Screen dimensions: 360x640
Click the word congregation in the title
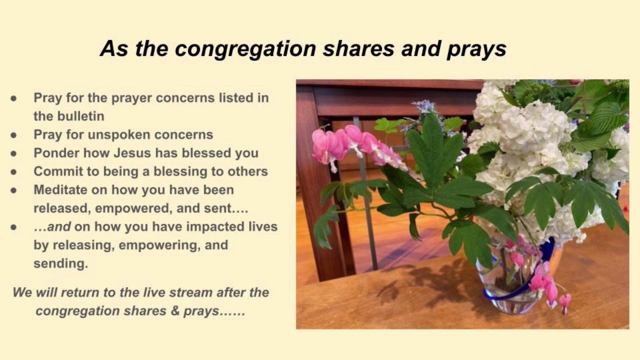pos(245,48)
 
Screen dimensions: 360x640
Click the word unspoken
pos(126,134)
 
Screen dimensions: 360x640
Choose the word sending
pos(60,264)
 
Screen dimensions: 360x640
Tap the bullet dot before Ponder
pos(13,153)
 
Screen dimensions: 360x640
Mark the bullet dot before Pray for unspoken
pos(13,135)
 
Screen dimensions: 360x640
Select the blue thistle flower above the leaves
pos(424,106)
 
